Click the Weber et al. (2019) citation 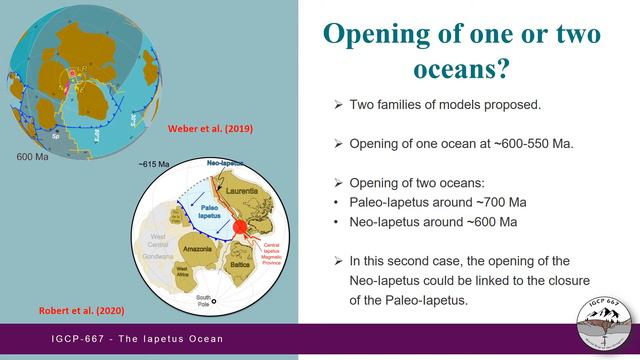238,128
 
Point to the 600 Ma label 34,157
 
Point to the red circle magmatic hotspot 240,229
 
